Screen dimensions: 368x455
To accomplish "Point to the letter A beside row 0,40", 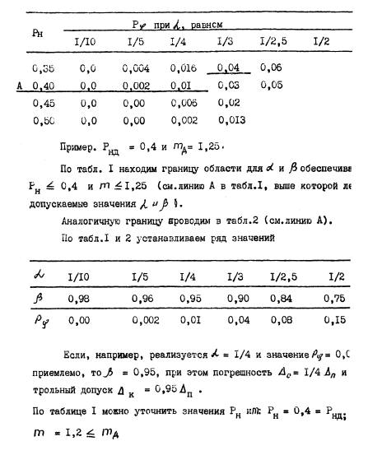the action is [6, 85].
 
